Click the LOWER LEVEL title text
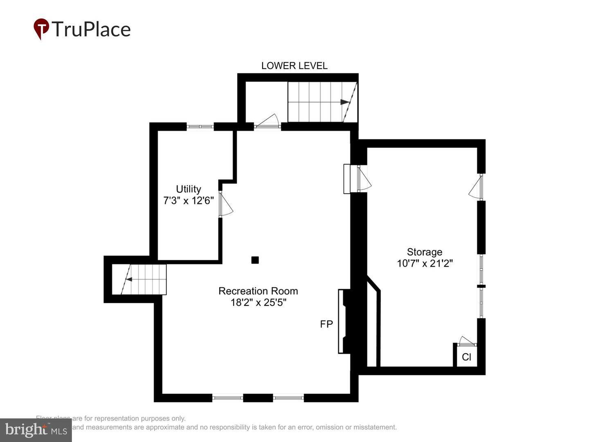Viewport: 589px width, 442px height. click(x=294, y=65)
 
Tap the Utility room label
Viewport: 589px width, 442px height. click(x=188, y=189)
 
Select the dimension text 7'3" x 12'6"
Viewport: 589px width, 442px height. click(x=188, y=200)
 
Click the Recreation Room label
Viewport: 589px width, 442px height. click(x=258, y=291)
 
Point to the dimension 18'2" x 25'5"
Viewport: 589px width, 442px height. click(x=258, y=302)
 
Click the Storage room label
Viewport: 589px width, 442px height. click(x=424, y=252)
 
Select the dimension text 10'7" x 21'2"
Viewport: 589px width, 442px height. click(x=424, y=263)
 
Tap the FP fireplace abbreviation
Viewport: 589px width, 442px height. click(x=326, y=324)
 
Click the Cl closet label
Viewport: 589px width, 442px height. click(x=466, y=357)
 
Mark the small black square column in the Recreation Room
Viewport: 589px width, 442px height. click(x=255, y=260)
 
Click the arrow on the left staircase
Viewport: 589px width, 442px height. click(x=128, y=280)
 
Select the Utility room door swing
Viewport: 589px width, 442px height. click(x=225, y=205)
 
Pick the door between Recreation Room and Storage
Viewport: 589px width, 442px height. click(x=363, y=178)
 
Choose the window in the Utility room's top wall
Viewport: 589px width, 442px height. click(x=200, y=126)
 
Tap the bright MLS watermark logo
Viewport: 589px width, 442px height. click(x=36, y=430)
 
